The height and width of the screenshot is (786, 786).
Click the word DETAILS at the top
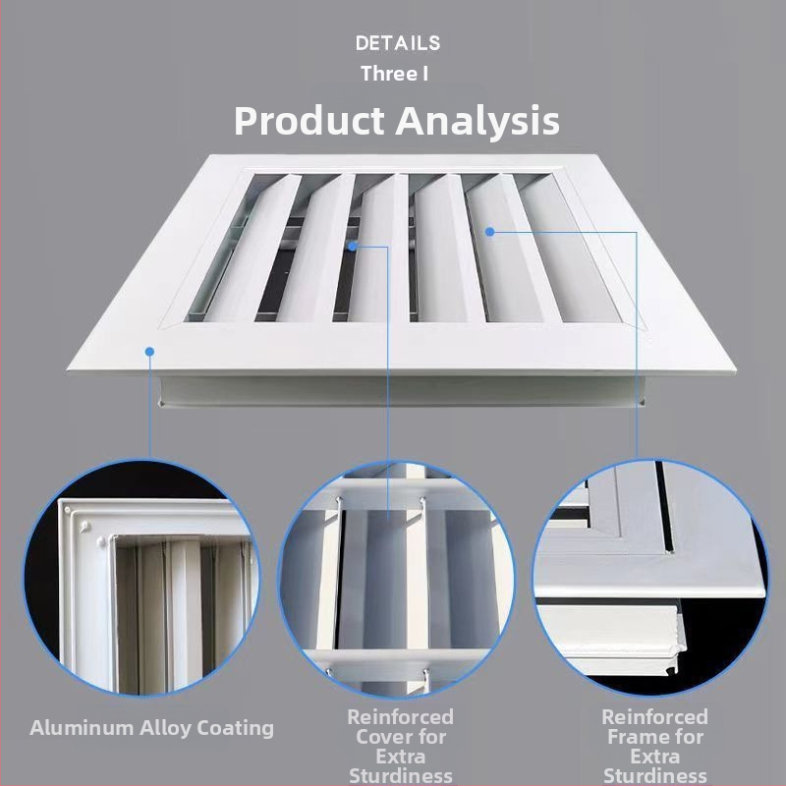pyautogui.click(x=398, y=43)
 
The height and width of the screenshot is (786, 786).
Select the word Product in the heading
pyautogui.click(x=309, y=121)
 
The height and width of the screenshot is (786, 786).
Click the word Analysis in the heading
pyautogui.click(x=477, y=121)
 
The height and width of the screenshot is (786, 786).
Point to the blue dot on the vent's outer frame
pyautogui.click(x=149, y=352)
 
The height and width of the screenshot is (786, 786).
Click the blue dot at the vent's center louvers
pyautogui.click(x=353, y=247)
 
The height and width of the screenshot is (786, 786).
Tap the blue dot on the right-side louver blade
pyautogui.click(x=490, y=232)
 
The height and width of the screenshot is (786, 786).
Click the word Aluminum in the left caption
pyautogui.click(x=82, y=728)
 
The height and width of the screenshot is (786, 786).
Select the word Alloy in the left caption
pyautogui.click(x=165, y=729)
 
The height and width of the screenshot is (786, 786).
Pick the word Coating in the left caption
pyautogui.click(x=236, y=729)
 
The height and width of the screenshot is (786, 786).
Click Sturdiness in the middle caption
pyautogui.click(x=401, y=776)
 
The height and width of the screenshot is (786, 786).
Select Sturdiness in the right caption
pyautogui.click(x=655, y=776)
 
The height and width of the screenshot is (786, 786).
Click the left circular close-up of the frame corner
pyautogui.click(x=141, y=578)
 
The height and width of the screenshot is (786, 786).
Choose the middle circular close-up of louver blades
pyautogui.click(x=397, y=580)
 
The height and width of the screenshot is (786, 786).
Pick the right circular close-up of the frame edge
pyautogui.click(x=650, y=578)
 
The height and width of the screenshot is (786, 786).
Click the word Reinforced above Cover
pyautogui.click(x=401, y=717)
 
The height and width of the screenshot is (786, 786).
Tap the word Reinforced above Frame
pyautogui.click(x=655, y=717)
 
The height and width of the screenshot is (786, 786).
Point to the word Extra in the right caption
pyautogui.click(x=655, y=757)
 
